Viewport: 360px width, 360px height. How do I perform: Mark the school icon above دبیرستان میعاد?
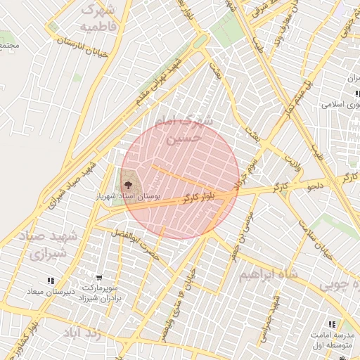click(50, 281)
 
